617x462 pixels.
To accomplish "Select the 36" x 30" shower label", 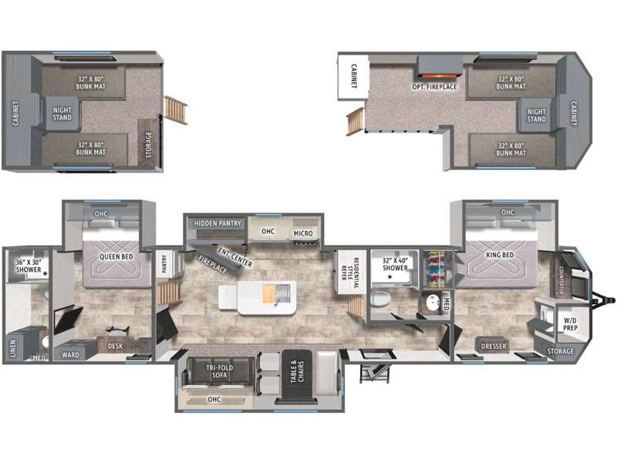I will (27, 266).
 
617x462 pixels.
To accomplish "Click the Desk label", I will (116, 346).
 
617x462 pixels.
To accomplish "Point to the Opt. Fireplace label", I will (433, 87).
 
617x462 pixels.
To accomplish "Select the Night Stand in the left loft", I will (62, 114).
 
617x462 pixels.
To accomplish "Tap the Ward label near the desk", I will (70, 355).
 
